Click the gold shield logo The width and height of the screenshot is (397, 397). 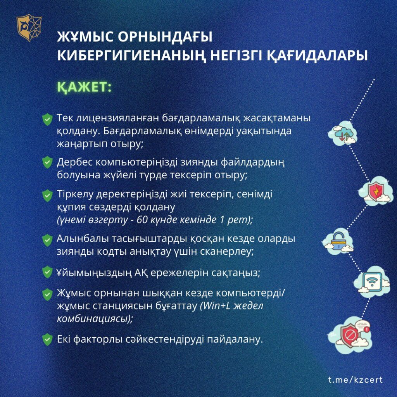point(29,28)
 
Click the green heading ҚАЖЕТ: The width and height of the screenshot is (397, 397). point(84,87)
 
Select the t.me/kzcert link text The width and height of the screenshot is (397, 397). point(356,380)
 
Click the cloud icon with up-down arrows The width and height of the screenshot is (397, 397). point(343,133)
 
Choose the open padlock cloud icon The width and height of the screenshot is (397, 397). point(338,241)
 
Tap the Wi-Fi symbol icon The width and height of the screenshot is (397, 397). point(372,282)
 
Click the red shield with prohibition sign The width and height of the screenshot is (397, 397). point(350,335)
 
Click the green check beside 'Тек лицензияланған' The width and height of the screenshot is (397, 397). point(47,119)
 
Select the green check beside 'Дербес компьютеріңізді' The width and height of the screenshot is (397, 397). point(47,162)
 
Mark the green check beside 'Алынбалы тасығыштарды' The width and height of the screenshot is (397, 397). point(47,240)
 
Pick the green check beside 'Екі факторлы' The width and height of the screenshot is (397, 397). point(47,340)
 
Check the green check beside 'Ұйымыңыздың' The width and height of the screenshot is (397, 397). point(47,272)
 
